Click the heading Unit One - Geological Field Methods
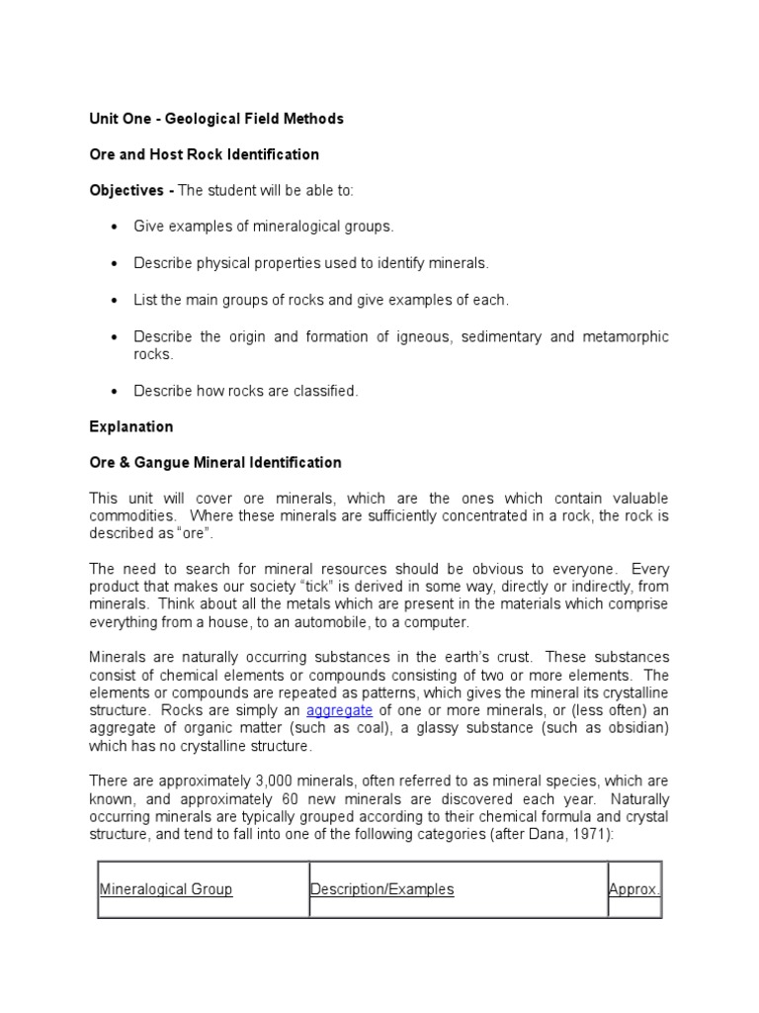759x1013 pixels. [216, 119]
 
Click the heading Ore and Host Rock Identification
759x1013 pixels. [205, 154]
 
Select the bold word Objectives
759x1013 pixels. [124, 190]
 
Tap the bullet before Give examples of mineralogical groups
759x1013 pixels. [114, 227]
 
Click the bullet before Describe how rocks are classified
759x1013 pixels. [114, 392]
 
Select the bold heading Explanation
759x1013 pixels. [131, 427]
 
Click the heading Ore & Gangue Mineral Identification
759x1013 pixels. [215, 462]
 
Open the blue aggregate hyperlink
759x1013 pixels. [339, 711]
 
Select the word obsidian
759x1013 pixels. [631, 729]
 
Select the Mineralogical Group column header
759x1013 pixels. [166, 889]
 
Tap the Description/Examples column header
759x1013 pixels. [382, 889]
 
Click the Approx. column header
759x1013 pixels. [633, 889]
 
